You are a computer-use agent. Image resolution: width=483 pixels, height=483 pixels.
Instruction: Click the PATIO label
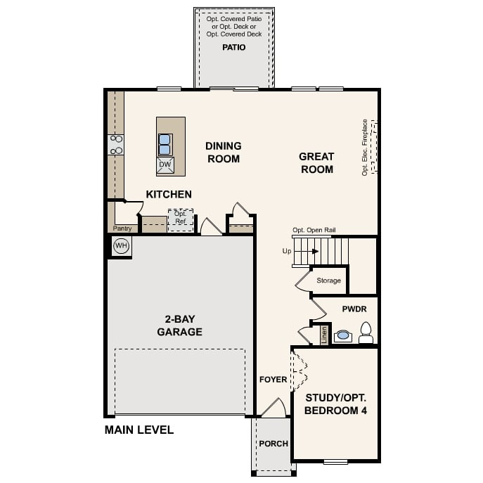pyautogui.click(x=234, y=47)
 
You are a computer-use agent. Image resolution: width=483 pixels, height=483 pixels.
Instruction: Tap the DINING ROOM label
pyautogui.click(x=223, y=153)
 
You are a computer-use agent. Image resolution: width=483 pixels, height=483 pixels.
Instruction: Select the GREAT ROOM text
pyautogui.click(x=316, y=163)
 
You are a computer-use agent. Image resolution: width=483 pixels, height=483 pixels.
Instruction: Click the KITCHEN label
pyautogui.click(x=169, y=194)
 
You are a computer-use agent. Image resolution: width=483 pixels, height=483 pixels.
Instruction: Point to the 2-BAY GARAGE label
pyautogui.click(x=179, y=326)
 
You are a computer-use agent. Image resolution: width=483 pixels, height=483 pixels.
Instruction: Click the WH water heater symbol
pyautogui.click(x=121, y=246)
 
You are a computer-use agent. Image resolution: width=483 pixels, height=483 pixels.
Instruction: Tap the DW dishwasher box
pyautogui.click(x=165, y=165)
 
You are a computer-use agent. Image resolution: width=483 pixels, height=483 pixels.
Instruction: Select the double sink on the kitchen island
pyautogui.click(x=165, y=144)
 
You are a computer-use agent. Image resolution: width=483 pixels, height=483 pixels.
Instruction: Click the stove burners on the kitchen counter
pyautogui.click(x=116, y=145)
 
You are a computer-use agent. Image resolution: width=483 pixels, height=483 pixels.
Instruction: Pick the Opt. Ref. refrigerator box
pyautogui.click(x=180, y=217)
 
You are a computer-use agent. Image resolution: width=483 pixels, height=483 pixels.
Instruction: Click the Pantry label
pyautogui.click(x=122, y=228)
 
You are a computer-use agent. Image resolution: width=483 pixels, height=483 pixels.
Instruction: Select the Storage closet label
pyautogui.click(x=328, y=281)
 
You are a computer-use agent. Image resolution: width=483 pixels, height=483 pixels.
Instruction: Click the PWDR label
pyautogui.click(x=354, y=309)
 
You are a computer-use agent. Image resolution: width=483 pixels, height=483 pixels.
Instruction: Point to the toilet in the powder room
pyautogui.click(x=366, y=333)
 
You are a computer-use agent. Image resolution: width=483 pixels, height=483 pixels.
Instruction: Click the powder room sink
pyautogui.click(x=342, y=335)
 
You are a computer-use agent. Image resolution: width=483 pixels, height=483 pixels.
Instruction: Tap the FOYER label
pyautogui.click(x=273, y=380)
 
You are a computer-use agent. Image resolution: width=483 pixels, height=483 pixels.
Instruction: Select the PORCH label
pyautogui.click(x=273, y=444)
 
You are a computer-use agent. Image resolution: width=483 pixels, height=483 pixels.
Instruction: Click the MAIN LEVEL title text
pyautogui.click(x=139, y=430)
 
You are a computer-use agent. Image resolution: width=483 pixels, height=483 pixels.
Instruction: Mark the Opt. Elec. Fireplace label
pyautogui.click(x=365, y=147)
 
